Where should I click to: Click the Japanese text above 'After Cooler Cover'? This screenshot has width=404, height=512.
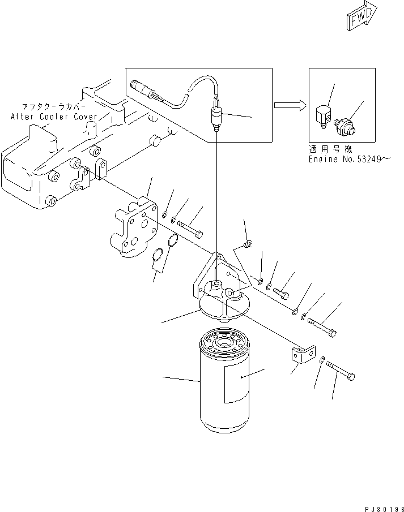54,106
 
